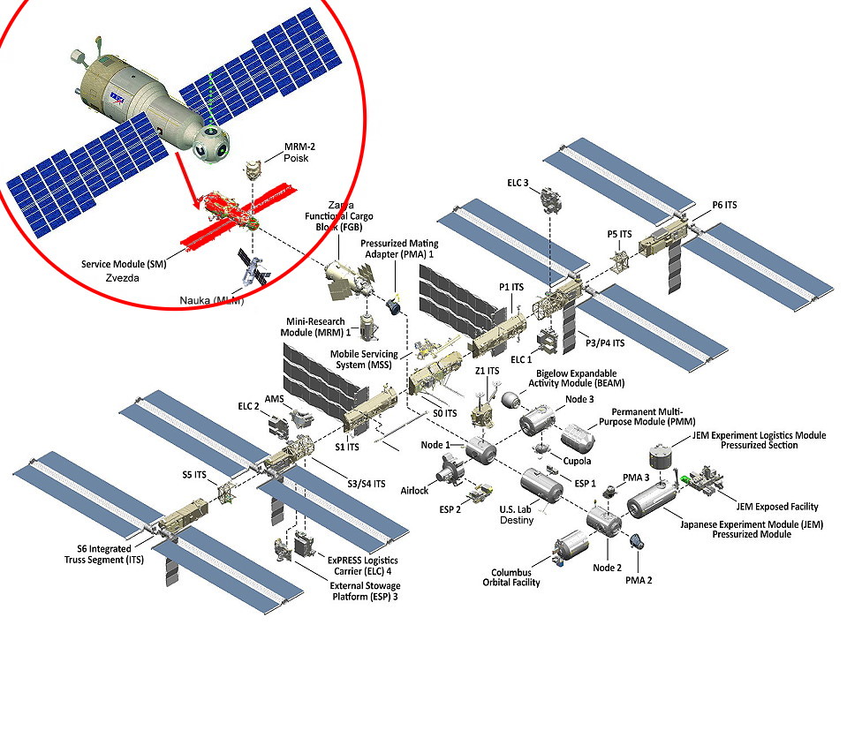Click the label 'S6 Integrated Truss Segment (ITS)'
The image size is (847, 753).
coord(98,554)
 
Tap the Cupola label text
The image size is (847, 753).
coord(578,461)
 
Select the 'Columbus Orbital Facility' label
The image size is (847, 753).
coord(511,576)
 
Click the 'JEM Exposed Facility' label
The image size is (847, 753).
coord(777,507)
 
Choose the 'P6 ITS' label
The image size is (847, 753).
coord(724,205)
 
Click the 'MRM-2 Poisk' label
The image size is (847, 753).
coord(300,152)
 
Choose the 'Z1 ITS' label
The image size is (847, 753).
coord(488,371)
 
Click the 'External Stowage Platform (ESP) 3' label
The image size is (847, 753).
coord(364,591)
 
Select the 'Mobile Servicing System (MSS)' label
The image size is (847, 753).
coord(364,360)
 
